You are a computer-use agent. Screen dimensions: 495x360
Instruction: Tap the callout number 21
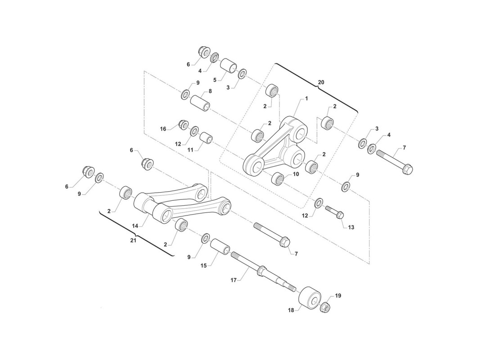pyautogui.click(x=133, y=241)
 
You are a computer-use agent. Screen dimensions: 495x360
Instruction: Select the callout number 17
pyautogui.click(x=234, y=280)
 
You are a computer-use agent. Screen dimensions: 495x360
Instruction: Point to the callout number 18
pyautogui.click(x=291, y=310)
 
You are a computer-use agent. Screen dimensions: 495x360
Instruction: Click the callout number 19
pyautogui.click(x=338, y=296)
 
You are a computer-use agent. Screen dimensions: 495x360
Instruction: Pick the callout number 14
pyautogui.click(x=135, y=226)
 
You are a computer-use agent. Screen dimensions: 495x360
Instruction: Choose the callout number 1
pyautogui.click(x=306, y=99)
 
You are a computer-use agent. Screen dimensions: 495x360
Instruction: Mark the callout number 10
pyautogui.click(x=296, y=174)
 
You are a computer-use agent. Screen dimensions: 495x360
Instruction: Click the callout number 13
pyautogui.click(x=351, y=227)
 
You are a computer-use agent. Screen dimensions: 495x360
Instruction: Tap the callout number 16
pyautogui.click(x=163, y=129)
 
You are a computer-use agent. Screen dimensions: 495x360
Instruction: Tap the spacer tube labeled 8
pyautogui.click(x=200, y=103)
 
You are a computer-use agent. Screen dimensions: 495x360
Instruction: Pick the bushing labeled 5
pyautogui.click(x=228, y=65)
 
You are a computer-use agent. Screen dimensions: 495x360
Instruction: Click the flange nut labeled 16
pyautogui.click(x=184, y=124)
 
